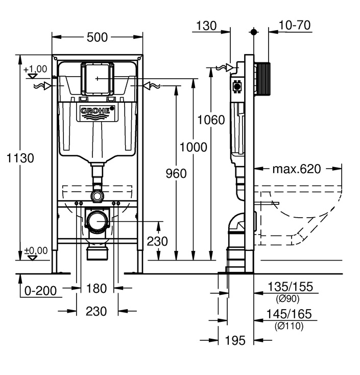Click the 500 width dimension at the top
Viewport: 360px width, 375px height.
click(x=97, y=37)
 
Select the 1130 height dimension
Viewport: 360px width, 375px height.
click(x=20, y=158)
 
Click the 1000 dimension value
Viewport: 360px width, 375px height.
click(x=194, y=147)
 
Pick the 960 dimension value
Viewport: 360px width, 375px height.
click(x=176, y=174)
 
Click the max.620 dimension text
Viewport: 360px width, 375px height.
click(x=297, y=169)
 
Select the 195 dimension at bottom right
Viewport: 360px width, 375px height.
click(x=235, y=340)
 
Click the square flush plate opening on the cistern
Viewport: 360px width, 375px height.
click(x=97, y=78)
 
